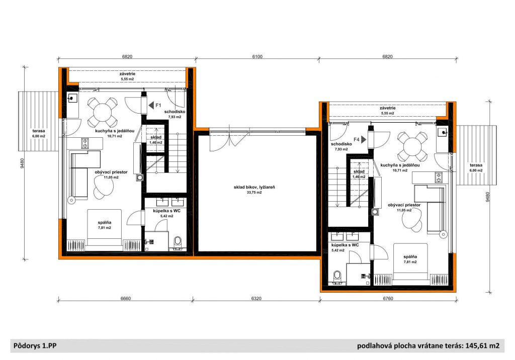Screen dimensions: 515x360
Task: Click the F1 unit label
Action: click(158, 106)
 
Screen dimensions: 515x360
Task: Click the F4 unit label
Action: click(357, 140)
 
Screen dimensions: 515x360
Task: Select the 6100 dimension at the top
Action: click(257, 56)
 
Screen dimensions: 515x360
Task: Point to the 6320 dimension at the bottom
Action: click(256, 299)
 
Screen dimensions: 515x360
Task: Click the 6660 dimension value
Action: click(125, 299)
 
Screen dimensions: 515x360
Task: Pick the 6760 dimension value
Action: click(388, 299)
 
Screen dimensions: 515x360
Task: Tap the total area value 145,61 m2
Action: click(482, 345)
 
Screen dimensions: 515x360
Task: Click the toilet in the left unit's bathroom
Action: click(178, 243)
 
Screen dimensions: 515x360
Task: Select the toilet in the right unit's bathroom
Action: click(337, 277)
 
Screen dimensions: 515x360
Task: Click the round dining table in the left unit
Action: click(103, 112)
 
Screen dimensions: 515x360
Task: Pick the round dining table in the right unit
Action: click(413, 146)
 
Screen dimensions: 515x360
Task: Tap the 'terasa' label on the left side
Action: click(39, 131)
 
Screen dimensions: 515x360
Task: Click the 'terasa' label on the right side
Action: click(476, 165)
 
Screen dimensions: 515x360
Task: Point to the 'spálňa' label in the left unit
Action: click(105, 222)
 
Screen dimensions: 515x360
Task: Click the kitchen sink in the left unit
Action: click(72, 98)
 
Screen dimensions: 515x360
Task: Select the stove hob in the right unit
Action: click(439, 177)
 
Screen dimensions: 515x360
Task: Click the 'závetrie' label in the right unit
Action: click(388, 108)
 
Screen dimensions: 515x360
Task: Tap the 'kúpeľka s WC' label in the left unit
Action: click(167, 211)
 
